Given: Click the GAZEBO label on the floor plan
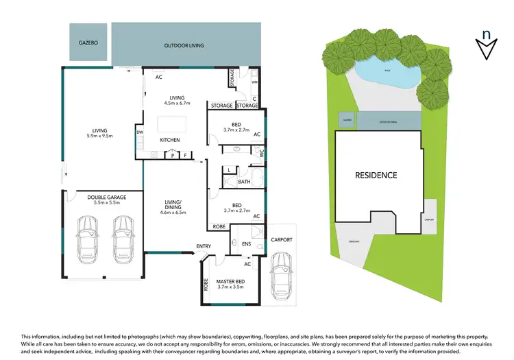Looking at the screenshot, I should tap(87, 43).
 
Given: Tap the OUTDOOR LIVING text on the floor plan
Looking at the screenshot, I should tap(184, 46).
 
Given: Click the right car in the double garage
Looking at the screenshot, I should tap(123, 239).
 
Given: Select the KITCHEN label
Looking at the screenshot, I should tap(170, 140).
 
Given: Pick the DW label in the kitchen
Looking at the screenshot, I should tap(140, 132).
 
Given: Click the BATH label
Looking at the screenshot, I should tap(245, 182).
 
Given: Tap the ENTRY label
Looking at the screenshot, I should tap(204, 246).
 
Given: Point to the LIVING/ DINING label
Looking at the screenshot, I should tap(172, 204).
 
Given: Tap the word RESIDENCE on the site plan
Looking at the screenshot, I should tap(376, 175).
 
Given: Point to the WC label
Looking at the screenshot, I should tap(261, 154).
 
